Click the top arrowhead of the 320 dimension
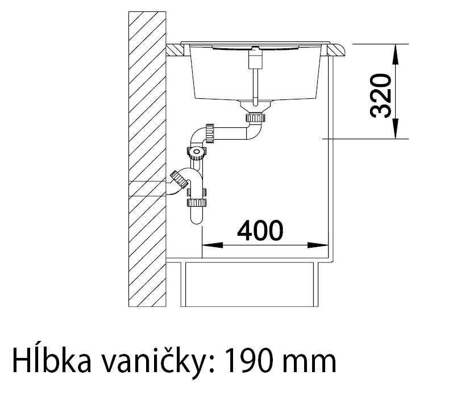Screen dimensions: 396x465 click(x=396, y=50)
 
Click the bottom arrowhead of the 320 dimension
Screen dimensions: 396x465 click(x=396, y=132)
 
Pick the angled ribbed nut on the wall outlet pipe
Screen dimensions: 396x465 click(x=179, y=181)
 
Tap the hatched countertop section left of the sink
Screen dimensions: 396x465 click(x=176, y=51)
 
